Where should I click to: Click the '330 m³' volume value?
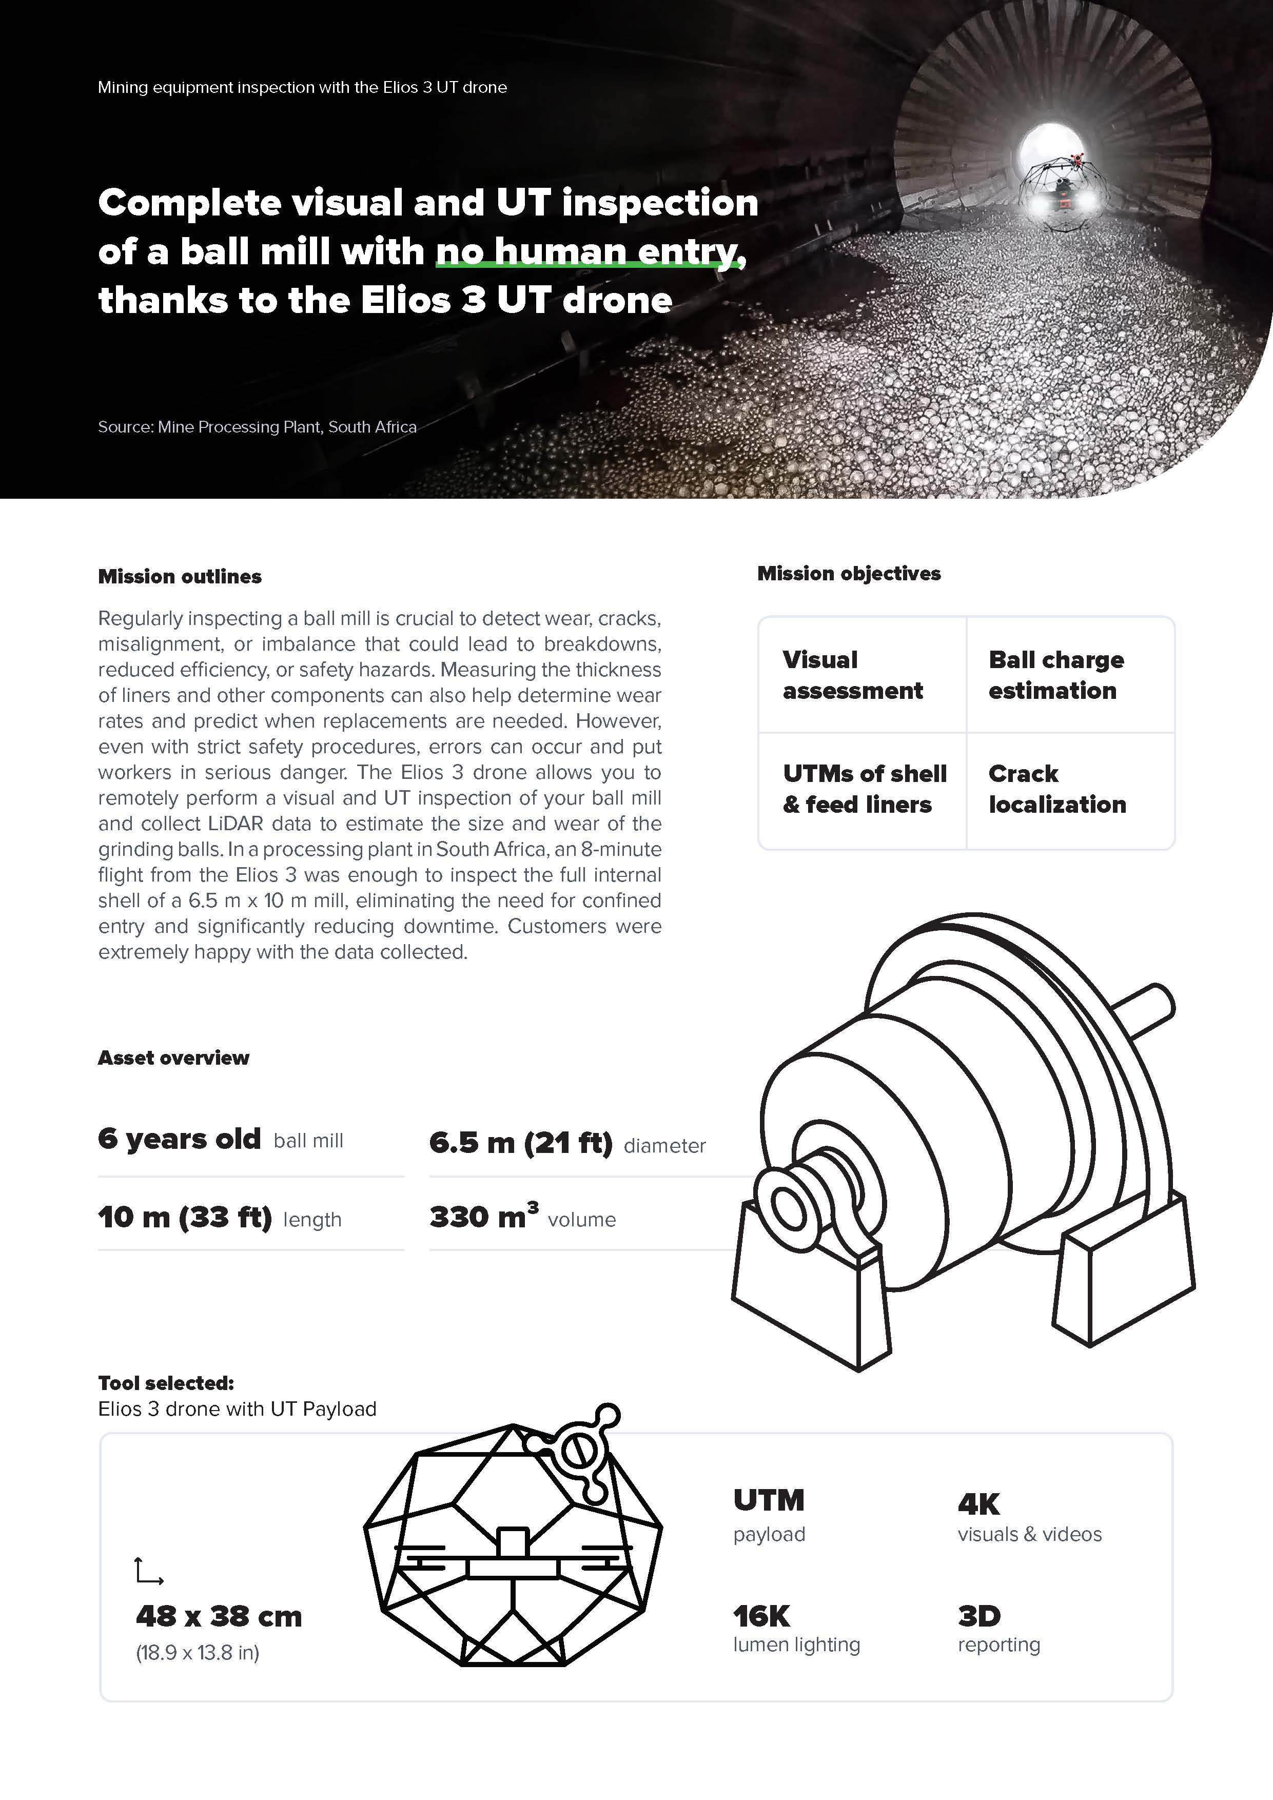click(484, 1217)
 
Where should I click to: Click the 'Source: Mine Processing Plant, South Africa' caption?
click(257, 427)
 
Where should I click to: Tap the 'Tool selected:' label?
click(166, 1382)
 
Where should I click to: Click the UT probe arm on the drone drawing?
click(578, 1447)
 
